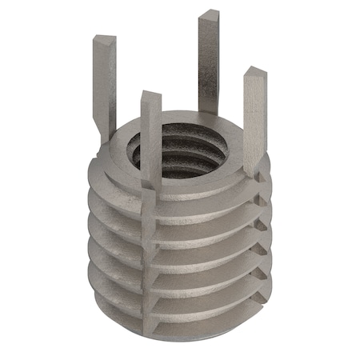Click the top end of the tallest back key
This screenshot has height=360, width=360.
click(210, 14)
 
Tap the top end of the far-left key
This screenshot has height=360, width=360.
click(104, 38)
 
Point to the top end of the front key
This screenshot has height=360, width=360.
click(150, 96)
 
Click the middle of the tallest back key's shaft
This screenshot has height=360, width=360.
click(206, 64)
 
